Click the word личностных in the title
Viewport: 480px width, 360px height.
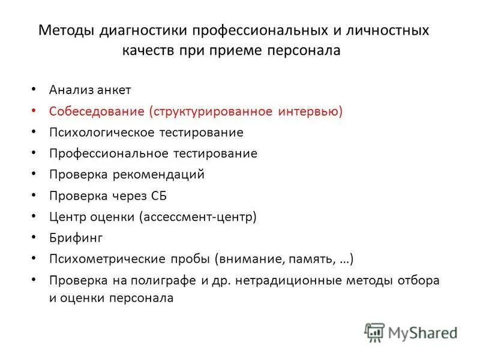[x=385, y=30]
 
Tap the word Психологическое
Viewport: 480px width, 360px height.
[x=99, y=132]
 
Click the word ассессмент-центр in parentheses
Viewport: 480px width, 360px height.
[x=199, y=217]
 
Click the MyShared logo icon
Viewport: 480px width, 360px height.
[x=375, y=332]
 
